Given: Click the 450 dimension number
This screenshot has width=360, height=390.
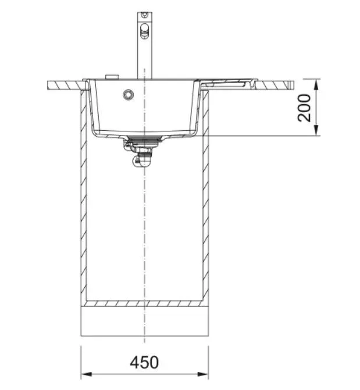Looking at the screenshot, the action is pos(144,362).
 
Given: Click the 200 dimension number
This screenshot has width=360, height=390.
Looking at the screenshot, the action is pos(304,108).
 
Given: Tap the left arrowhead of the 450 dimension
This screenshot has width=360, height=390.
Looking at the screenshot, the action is pos(87,374).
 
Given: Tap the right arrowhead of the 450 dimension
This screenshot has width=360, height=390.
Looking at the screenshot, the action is pos(202,374).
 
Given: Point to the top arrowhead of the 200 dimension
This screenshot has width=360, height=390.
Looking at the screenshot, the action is pos(316,84).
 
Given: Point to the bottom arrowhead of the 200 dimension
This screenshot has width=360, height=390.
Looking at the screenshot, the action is pos(316,130).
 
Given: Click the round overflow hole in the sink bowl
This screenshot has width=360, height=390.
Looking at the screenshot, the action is pos(129,94).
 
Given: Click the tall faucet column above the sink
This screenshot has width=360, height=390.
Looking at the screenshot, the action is pos(145,45).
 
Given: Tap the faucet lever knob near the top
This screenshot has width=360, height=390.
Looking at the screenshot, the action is pos(145,31).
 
